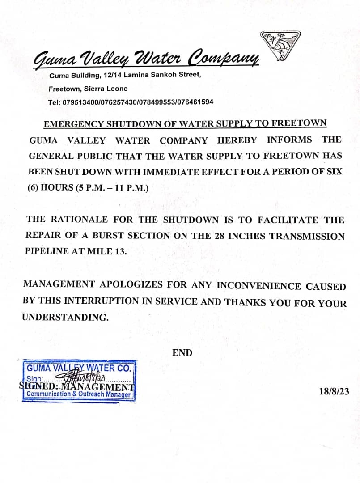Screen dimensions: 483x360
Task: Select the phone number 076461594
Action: coord(195,102)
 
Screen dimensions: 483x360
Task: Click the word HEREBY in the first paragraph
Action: coord(237,140)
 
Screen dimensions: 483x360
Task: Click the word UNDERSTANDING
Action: coord(65,318)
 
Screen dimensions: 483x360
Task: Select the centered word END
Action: coord(182,353)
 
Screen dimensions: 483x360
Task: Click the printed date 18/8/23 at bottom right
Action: coord(334,392)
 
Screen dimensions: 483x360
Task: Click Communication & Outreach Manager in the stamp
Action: coord(79,394)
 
